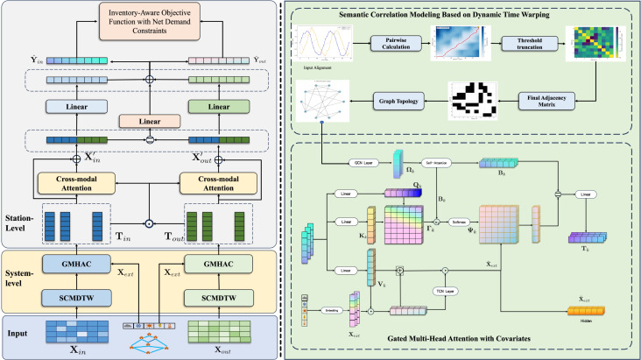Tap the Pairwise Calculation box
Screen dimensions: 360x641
395,43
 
